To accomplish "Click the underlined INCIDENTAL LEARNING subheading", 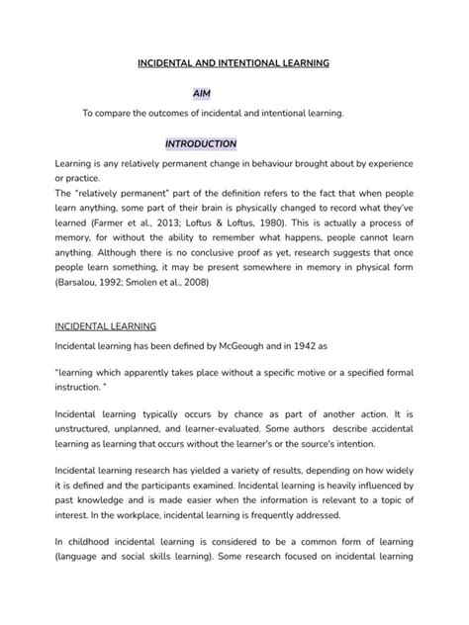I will click(99, 325).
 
